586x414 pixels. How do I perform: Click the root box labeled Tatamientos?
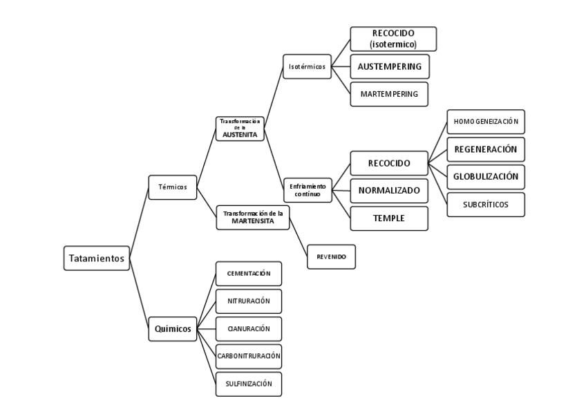(x=96, y=258)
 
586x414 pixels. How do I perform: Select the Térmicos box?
(x=173, y=187)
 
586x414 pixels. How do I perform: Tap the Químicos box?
(x=173, y=328)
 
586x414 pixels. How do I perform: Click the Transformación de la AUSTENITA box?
(x=240, y=129)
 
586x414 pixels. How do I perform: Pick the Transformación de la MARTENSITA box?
(x=252, y=217)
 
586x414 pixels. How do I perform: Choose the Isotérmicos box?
(x=307, y=67)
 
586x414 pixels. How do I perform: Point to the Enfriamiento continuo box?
(x=308, y=190)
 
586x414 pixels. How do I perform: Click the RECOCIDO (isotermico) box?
(x=393, y=39)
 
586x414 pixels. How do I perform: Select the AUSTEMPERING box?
(x=390, y=66)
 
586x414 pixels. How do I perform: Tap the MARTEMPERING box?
(x=389, y=94)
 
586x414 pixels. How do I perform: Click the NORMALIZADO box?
(x=389, y=190)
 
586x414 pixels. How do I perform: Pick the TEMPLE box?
(x=389, y=218)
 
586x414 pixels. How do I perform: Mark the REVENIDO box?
(x=331, y=257)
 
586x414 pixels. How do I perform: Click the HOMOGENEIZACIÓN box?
(x=485, y=122)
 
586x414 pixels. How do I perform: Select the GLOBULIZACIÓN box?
(x=485, y=176)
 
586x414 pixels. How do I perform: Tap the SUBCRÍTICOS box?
(x=485, y=205)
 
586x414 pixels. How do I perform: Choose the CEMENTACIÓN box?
(x=249, y=274)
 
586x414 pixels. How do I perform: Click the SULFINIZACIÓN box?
(x=249, y=384)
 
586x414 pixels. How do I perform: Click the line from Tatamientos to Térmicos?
(x=139, y=223)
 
